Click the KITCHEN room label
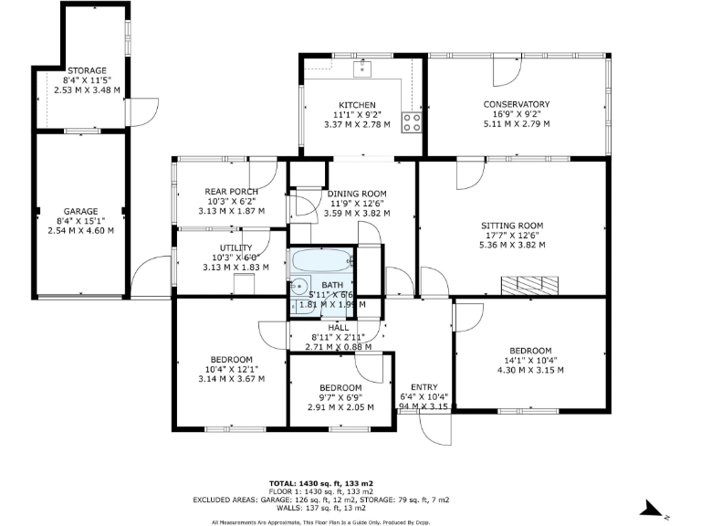click(351, 104)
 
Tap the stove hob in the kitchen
click(411, 122)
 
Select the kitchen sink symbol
click(363, 67)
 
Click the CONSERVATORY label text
click(516, 104)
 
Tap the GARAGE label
click(80, 212)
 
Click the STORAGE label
click(87, 70)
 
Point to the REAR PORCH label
click(232, 191)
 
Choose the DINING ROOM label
click(357, 195)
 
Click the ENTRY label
click(424, 386)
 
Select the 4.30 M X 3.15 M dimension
click(529, 370)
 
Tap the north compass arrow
click(651, 508)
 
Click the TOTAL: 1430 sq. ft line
click(321, 482)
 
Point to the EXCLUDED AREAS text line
click(321, 500)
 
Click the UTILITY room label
click(235, 247)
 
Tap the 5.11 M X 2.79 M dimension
click(516, 122)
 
